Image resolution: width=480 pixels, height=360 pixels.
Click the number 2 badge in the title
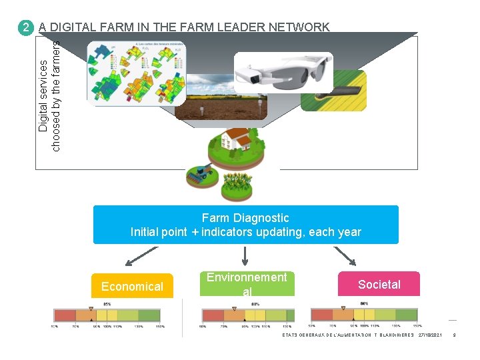coord(25,28)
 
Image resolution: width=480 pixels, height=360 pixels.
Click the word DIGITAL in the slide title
coord(73,27)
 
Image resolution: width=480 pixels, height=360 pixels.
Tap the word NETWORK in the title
coord(298,27)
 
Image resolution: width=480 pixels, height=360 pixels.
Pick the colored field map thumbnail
coord(137,73)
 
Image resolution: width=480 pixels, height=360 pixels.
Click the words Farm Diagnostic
coord(245,218)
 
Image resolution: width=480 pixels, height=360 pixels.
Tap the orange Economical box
coord(132,286)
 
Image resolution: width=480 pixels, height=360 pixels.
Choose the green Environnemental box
coord(246,284)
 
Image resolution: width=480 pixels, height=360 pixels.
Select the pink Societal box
coord(379,285)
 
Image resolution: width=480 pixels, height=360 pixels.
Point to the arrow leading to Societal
coord(345,255)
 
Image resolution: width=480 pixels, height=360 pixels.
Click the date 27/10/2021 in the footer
coord(430,335)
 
